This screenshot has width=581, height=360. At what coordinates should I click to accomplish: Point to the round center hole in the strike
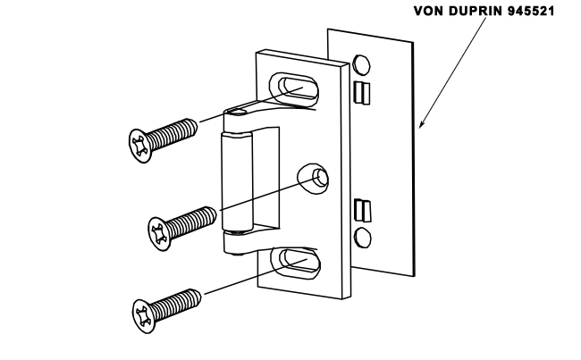pyautogui.click(x=317, y=175)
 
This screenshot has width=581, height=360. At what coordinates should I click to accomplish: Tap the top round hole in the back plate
pyautogui.click(x=362, y=65)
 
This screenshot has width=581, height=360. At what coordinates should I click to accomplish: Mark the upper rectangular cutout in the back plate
pyautogui.click(x=361, y=91)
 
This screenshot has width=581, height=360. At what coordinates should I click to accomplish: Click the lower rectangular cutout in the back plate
pyautogui.click(x=361, y=211)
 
